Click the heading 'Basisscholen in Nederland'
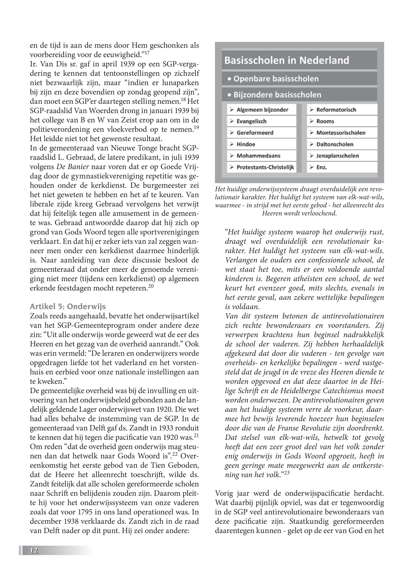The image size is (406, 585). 287,60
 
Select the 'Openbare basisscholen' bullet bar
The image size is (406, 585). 299,79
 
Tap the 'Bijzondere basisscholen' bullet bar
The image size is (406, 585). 299,95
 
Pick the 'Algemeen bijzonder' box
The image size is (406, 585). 262,110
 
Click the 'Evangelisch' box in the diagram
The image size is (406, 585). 262,121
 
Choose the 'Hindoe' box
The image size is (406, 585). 262,144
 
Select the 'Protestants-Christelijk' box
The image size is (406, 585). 262,167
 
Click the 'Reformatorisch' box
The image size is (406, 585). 342,110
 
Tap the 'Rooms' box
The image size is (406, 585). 342,121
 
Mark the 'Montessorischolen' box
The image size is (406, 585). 342,133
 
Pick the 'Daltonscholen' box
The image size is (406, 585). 342,144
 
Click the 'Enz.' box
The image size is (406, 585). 342,167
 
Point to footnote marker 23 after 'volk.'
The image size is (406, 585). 286,473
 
